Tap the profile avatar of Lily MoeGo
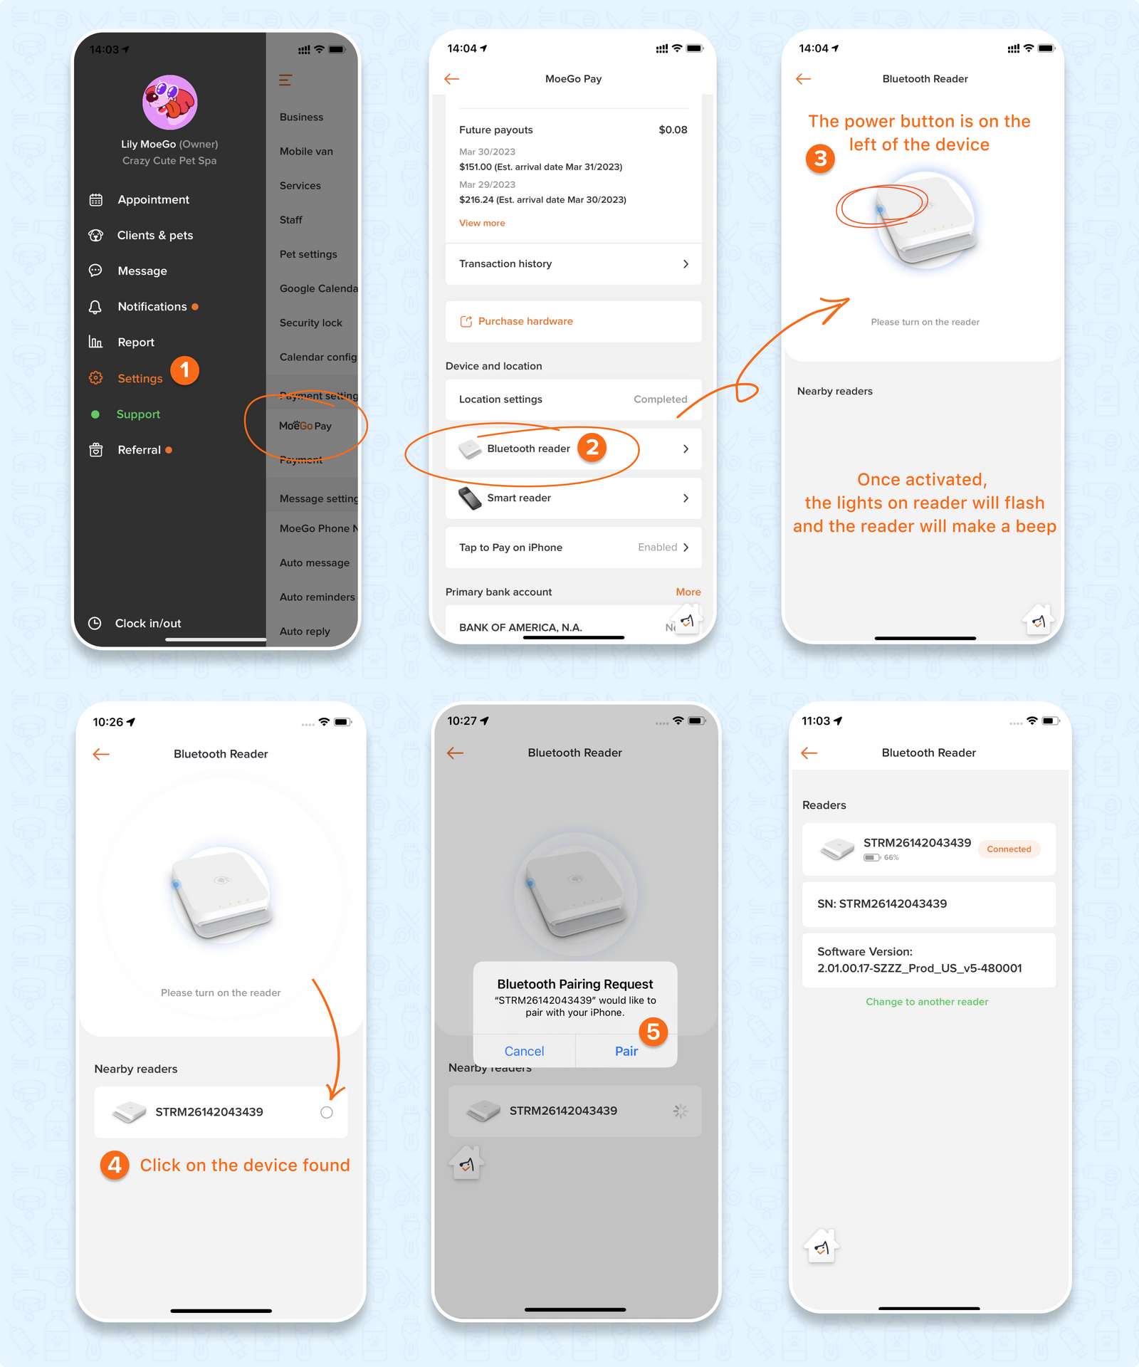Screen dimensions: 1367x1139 point(169,103)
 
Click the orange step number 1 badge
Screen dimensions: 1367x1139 point(185,370)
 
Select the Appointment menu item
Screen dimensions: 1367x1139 point(153,200)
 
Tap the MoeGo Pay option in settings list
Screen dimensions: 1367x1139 point(305,426)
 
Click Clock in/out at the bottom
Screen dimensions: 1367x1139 point(147,624)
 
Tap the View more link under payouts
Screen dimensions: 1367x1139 point(482,224)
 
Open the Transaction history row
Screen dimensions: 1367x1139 point(573,264)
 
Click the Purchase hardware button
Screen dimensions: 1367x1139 point(525,322)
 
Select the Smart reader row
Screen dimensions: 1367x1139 point(573,498)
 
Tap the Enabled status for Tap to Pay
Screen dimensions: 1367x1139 point(657,548)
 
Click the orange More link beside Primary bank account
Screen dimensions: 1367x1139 point(688,592)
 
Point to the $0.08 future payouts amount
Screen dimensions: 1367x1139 point(673,130)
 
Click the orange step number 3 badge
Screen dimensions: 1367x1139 point(820,158)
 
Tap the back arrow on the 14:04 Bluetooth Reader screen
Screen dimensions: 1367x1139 point(804,79)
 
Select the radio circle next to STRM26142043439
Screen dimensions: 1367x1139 point(326,1113)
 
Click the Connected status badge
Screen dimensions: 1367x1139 point(1009,849)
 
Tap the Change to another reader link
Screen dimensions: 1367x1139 point(926,1002)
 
